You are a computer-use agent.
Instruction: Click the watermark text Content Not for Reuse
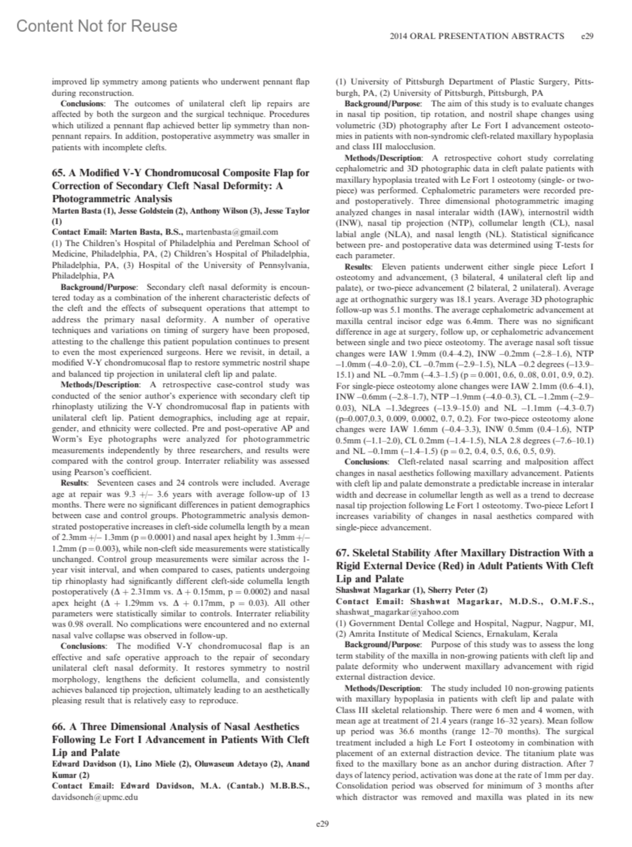tap(97, 26)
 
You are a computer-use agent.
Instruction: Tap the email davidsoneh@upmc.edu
tap(95, 797)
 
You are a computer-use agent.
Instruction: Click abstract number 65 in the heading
tap(58, 173)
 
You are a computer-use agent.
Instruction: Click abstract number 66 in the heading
tap(58, 727)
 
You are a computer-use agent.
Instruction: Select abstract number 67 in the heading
tap(342, 553)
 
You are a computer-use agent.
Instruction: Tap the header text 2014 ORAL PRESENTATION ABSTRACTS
tap(477, 36)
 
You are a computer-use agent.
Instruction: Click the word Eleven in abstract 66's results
tap(393, 267)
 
